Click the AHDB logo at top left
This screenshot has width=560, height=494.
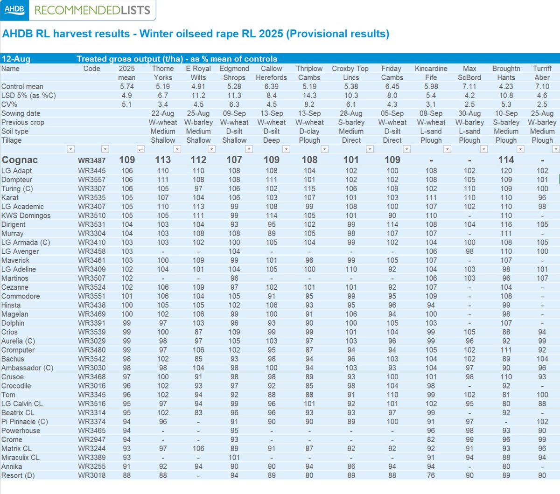click(14, 9)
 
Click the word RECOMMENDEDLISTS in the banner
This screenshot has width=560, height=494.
click(92, 10)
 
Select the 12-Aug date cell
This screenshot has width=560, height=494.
click(16, 59)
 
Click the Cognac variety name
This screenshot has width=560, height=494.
click(20, 160)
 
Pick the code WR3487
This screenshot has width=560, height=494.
click(92, 160)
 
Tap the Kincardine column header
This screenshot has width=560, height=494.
click(431, 69)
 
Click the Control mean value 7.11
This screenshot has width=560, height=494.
click(469, 86)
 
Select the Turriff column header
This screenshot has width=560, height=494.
click(542, 69)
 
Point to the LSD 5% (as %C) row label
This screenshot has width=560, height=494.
click(28, 95)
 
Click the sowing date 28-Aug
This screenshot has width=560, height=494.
click(351, 113)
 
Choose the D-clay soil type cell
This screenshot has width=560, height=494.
click(309, 131)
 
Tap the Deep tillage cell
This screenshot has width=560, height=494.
click(271, 140)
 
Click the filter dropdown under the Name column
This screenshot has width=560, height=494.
click(70, 149)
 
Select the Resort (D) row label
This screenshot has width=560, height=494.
click(18, 475)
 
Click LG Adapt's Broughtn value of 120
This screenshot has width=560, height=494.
click(506, 171)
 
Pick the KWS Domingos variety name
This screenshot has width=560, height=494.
click(26, 216)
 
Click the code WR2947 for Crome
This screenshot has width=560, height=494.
click(92, 439)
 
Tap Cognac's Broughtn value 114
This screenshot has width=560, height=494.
click(506, 160)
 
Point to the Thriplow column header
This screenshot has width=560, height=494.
click(309, 69)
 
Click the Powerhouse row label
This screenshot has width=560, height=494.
click(21, 431)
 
